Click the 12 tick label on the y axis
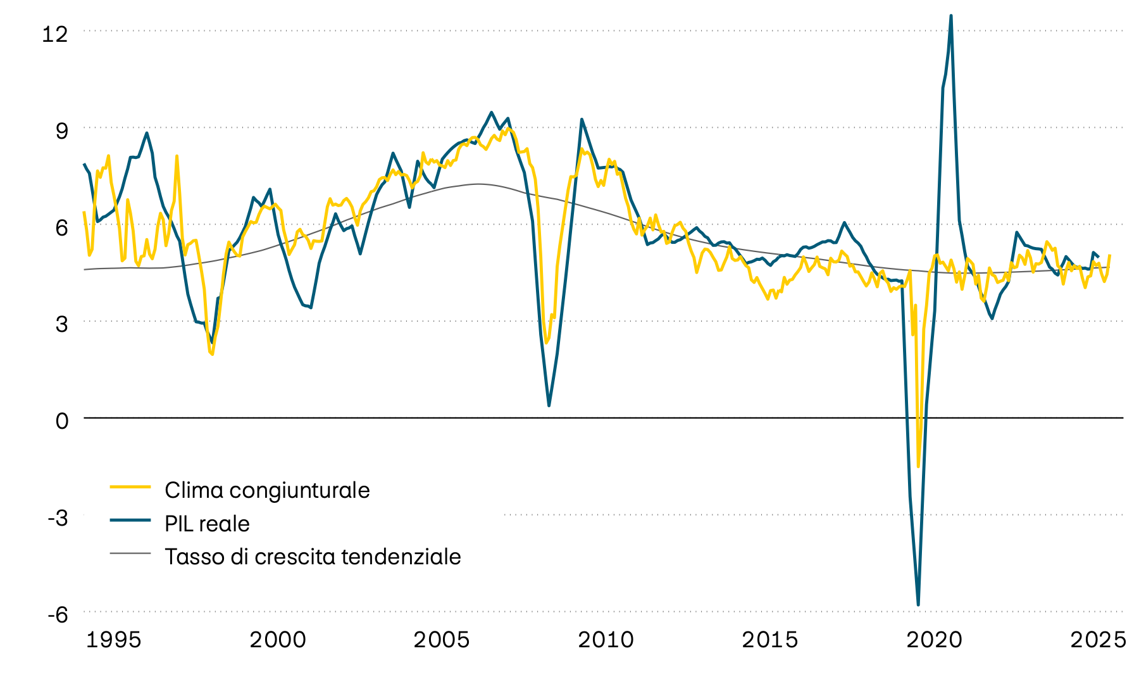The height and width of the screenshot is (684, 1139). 54,34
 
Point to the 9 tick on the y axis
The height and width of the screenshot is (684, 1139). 61,130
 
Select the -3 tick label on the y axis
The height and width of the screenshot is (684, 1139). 58,517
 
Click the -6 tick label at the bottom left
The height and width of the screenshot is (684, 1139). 58,614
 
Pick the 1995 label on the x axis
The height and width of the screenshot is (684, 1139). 113,640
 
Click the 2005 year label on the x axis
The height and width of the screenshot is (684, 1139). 442,640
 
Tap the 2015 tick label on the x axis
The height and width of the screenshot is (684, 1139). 769,640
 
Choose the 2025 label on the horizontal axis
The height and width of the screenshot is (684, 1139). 1098,640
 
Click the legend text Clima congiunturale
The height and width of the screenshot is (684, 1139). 267,490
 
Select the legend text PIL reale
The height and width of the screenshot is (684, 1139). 207,524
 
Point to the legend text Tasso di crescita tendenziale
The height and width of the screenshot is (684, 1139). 313,557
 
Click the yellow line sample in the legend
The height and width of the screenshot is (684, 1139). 130,486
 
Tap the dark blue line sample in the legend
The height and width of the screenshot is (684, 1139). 130,520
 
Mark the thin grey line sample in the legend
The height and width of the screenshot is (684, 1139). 130,553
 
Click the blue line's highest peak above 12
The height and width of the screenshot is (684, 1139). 951,16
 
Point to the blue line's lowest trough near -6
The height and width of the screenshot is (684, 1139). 918,605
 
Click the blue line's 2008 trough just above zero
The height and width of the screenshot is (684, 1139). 549,405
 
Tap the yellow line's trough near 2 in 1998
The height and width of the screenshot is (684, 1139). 212,353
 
